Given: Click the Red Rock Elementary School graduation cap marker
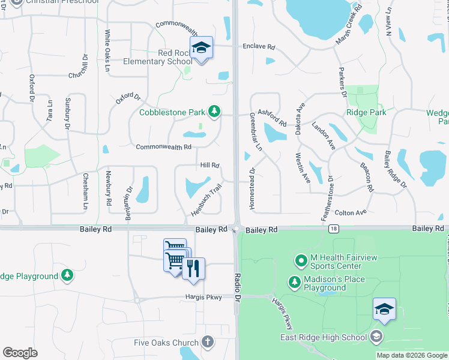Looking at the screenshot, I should coord(201,48).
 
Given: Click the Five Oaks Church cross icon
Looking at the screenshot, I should coord(207,343).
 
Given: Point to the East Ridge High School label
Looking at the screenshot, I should coord(324,337).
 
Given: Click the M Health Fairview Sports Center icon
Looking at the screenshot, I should coord(301,261).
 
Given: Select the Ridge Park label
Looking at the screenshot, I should coord(366,112).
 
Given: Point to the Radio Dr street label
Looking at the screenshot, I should coord(238,287).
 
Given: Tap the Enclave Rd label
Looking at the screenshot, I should coord(259,46).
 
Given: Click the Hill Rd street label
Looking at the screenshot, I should coord(209,166).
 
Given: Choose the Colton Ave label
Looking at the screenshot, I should coord(351,213).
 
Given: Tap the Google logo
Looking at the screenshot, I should coord(20,353).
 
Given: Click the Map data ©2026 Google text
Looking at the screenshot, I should coord(411,355).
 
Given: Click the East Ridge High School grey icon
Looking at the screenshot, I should coord(376,337).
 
